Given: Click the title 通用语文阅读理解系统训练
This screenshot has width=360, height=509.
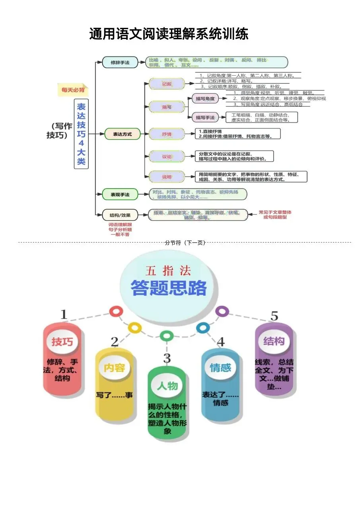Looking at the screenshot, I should [169, 34].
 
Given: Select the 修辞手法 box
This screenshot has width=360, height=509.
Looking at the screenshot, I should [120, 62].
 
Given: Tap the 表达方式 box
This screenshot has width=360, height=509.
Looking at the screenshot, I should [123, 134].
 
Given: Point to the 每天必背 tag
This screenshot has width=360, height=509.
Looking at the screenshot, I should [73, 90].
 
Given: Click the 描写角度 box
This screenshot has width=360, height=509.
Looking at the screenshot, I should [205, 99].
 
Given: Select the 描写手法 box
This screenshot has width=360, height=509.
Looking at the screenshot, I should [205, 117].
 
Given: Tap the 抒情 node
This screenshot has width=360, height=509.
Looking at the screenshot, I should [167, 134].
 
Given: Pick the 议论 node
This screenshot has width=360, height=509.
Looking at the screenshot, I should [167, 156].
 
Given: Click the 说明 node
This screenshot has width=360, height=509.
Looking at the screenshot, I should [167, 177].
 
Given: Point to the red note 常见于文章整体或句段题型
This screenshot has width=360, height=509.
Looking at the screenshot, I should [274, 215].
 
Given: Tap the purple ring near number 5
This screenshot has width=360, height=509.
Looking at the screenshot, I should [222, 311].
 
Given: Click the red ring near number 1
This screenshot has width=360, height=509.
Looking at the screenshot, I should [116, 311].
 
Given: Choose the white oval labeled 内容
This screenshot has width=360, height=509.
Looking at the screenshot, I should [114, 368].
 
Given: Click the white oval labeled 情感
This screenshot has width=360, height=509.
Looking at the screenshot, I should [220, 367].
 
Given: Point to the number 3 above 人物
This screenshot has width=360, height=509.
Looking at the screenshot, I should [167, 358].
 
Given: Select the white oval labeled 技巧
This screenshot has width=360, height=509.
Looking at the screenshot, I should [62, 342].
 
